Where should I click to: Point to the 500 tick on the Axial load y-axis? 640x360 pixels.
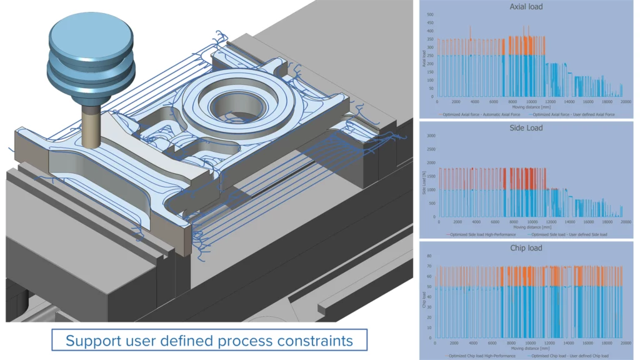431,14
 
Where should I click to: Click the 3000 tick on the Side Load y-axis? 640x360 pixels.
430,135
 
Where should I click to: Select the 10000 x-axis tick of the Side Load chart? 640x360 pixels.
531,222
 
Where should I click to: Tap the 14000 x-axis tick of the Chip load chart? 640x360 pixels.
568,342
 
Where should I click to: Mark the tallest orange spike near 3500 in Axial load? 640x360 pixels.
470,27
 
